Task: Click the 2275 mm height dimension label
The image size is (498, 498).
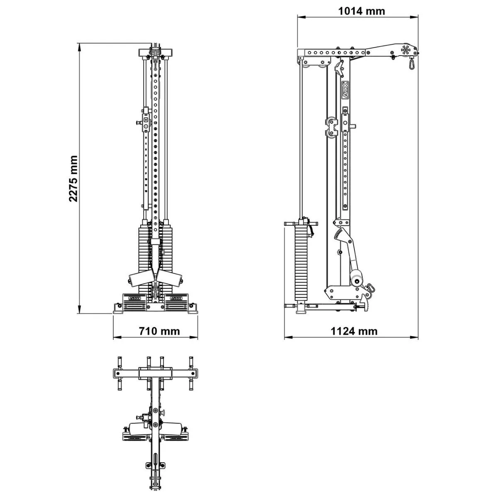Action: click(73, 179)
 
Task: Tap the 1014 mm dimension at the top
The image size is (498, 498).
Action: click(361, 11)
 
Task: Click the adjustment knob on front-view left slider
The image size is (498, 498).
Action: click(139, 123)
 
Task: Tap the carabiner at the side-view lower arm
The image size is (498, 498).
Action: click(369, 288)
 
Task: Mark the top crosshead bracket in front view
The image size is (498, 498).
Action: click(155, 53)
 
